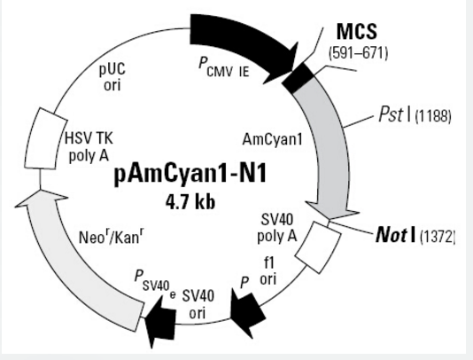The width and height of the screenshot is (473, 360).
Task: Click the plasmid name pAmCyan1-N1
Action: pyautogui.click(x=190, y=174)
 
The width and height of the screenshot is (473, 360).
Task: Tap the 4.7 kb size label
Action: pyautogui.click(x=190, y=202)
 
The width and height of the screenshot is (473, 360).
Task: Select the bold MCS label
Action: pyautogui.click(x=357, y=31)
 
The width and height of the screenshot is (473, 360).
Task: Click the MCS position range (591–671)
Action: pyautogui.click(x=359, y=53)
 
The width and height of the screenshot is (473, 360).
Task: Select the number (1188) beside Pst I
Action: pyautogui.click(x=433, y=116)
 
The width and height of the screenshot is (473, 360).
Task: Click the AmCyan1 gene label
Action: pyautogui.click(x=272, y=140)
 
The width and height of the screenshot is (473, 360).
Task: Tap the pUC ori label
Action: pyautogui.click(x=112, y=77)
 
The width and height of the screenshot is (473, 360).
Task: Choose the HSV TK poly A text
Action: pyautogui.click(x=89, y=148)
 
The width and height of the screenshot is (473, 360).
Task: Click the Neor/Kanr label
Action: pyautogui.click(x=111, y=237)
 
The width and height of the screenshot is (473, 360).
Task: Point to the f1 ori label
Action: pyautogui.click(x=268, y=271)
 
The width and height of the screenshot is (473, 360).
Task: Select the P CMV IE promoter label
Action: pyautogui.click(x=224, y=67)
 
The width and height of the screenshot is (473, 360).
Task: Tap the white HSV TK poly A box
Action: pyautogui.click(x=46, y=138)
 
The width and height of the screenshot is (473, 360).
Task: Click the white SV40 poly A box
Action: pyautogui.click(x=318, y=247)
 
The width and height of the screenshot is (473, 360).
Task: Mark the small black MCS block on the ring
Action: pyautogui.click(x=298, y=78)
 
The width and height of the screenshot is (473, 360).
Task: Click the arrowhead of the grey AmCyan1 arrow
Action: pyautogui.click(x=332, y=210)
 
